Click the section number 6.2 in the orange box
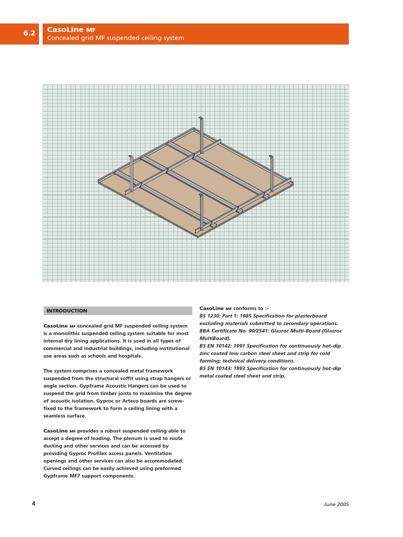pyautogui.click(x=29, y=34)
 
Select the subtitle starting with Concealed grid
pyautogui.click(x=115, y=38)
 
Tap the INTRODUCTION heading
pyautogui.click(x=67, y=311)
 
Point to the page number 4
pyautogui.click(x=34, y=504)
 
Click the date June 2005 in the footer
pyautogui.click(x=336, y=504)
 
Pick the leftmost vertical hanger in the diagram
pyautogui.click(x=131, y=173)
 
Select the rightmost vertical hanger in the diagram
pyautogui.click(x=271, y=174)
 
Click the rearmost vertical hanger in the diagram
pyautogui.click(x=201, y=135)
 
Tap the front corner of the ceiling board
pyautogui.click(x=198, y=237)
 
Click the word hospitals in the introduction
pyautogui.click(x=129, y=356)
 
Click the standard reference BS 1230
pyautogui.click(x=210, y=316)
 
